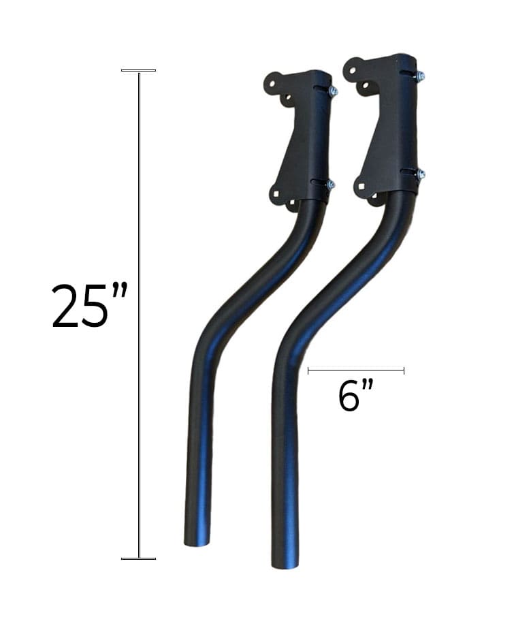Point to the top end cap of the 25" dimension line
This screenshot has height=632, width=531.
tap(138, 70)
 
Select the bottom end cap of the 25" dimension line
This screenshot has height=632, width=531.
tap(138, 558)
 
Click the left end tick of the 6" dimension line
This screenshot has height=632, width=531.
tap(308, 370)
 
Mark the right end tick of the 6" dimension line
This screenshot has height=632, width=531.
tap(404, 370)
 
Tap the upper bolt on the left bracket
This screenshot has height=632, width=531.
tap(333, 91)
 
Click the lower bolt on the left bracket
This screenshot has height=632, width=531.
tap(331, 184)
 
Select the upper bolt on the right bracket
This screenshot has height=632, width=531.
tap(420, 76)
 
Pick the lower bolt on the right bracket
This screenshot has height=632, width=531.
tap(420, 174)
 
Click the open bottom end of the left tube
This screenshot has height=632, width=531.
tap(198, 543)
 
